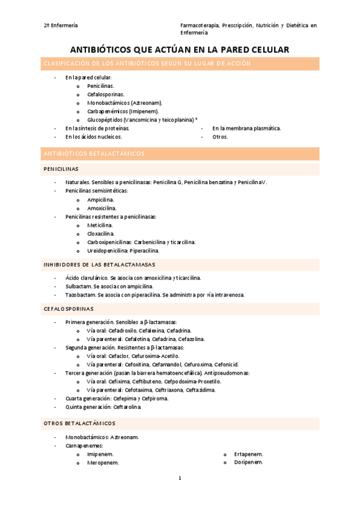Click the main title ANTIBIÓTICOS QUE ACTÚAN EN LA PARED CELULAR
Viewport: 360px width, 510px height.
tap(180, 49)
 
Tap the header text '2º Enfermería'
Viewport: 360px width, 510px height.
tap(60, 26)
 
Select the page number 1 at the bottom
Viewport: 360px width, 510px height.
tap(180, 478)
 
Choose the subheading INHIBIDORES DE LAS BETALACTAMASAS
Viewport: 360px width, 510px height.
tap(99, 265)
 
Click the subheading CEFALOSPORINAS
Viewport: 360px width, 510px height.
tap(69, 309)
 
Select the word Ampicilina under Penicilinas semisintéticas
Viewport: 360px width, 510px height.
tap(100, 199)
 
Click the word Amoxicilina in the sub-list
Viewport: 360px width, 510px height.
tap(102, 208)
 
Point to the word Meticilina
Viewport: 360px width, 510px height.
tap(100, 225)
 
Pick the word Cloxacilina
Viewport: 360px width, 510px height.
tap(100, 233)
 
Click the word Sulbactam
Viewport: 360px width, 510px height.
tap(79, 287)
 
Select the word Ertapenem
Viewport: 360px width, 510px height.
tap(248, 454)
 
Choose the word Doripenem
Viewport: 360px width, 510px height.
tap(248, 462)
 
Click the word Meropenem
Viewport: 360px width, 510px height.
tap(102, 463)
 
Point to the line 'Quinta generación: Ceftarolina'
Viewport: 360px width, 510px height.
tap(103, 407)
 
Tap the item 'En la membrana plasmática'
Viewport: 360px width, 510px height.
tap(246, 128)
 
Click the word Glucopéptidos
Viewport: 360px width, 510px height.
tap(105, 120)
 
